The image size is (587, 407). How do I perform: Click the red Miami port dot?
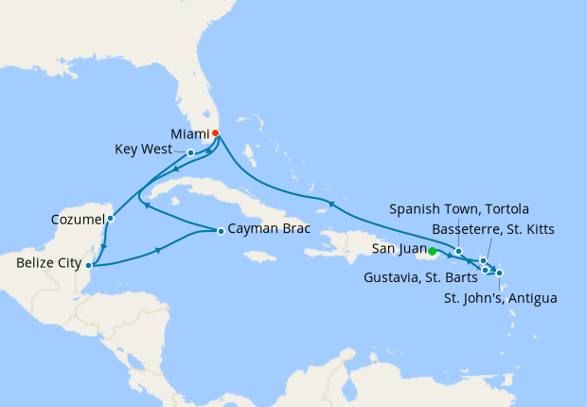[215, 133]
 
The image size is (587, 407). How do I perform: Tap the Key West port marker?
[191, 152]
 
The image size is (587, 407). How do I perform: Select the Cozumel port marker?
[110, 219]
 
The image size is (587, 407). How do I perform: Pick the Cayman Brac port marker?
[220, 231]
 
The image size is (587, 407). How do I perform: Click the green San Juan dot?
[432, 252]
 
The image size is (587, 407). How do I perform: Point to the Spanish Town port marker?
[458, 251]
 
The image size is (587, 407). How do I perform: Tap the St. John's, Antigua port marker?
[499, 274]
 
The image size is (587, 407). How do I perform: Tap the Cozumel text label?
[78, 221]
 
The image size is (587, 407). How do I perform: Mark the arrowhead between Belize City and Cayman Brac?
[156, 249]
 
